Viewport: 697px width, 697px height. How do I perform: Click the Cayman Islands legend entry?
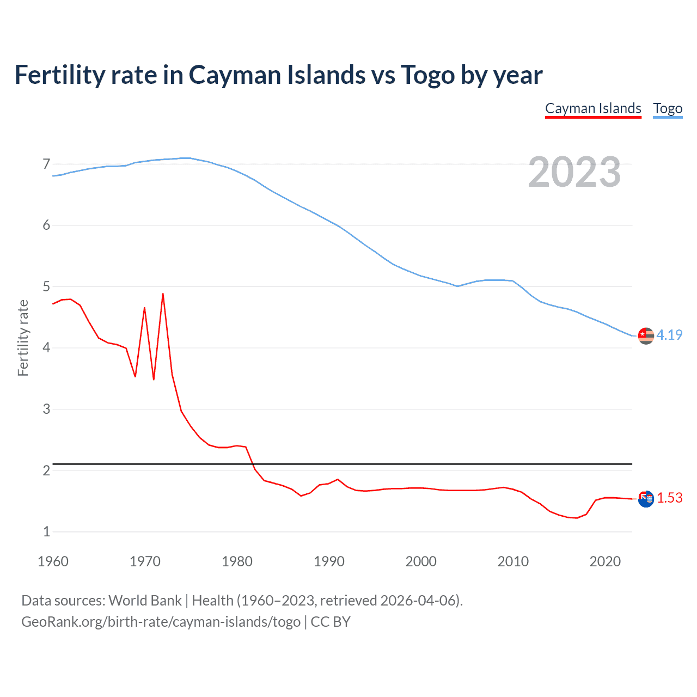point(593,108)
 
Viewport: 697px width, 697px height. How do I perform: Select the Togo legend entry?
point(668,108)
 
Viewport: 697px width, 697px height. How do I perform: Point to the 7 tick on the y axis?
point(46,164)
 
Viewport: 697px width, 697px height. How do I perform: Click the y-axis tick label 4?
point(46,347)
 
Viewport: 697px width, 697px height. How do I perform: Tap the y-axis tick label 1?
point(46,531)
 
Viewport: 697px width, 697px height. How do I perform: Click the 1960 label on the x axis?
point(53,561)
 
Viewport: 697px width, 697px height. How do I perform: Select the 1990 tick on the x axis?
point(329,561)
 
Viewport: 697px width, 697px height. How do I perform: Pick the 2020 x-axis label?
point(605,561)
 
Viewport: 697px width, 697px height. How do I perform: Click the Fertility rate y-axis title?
point(23,338)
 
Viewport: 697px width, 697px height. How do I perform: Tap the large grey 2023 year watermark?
point(574,172)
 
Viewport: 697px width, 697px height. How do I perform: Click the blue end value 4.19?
point(669,335)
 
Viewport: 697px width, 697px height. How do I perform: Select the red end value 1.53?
point(669,498)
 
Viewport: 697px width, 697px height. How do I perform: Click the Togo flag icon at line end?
point(646,336)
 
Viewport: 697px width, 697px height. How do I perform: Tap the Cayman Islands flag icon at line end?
point(646,499)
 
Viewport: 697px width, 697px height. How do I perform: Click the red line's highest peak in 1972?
point(163,294)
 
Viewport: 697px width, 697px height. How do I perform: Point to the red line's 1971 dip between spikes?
point(154,379)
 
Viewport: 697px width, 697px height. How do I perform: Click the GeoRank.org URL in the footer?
point(161,621)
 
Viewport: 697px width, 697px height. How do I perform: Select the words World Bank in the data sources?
point(145,600)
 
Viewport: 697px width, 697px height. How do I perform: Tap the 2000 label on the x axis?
point(421,561)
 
